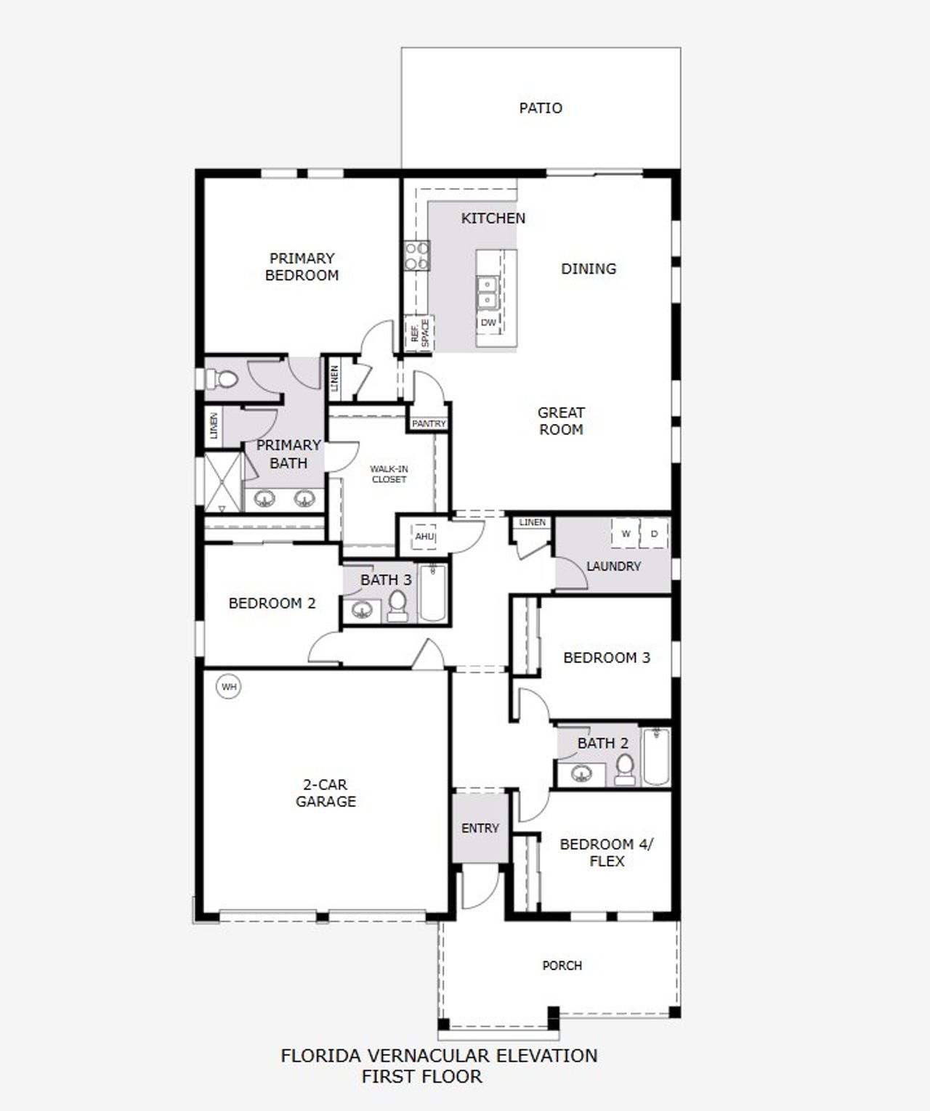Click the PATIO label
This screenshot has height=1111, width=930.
(x=541, y=108)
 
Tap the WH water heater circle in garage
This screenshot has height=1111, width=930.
(x=229, y=686)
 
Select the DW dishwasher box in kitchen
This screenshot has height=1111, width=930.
(x=488, y=322)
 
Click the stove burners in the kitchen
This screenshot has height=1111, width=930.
(x=416, y=256)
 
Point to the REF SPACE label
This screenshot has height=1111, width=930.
(x=420, y=333)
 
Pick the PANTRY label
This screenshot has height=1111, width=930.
(x=429, y=423)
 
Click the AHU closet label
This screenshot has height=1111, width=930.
(x=424, y=537)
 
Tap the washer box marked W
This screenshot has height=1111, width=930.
(x=626, y=534)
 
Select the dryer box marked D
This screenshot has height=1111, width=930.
(x=654, y=534)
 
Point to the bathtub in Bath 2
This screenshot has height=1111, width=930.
(x=655, y=757)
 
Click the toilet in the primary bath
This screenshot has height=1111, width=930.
(x=221, y=379)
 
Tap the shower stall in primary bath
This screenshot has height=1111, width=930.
(x=223, y=481)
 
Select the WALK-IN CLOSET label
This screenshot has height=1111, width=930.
(x=389, y=474)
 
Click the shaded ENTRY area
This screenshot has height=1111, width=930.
(x=480, y=828)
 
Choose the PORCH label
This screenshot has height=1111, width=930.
(x=562, y=966)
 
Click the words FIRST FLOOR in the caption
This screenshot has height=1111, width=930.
(x=421, y=1076)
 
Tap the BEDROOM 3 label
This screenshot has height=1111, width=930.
(x=607, y=658)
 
